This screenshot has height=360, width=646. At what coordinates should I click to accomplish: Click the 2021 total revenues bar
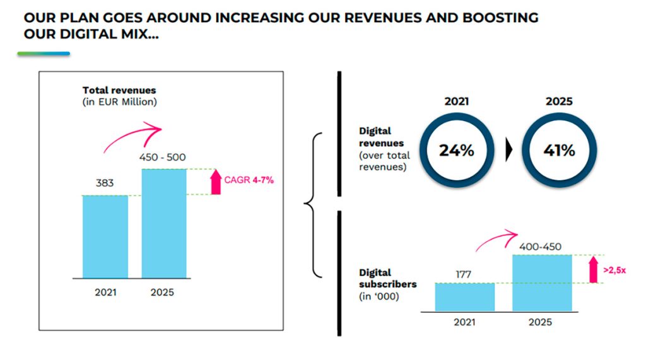[105, 236]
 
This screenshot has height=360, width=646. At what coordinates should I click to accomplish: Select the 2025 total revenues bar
[164, 223]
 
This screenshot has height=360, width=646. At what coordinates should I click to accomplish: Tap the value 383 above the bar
[105, 183]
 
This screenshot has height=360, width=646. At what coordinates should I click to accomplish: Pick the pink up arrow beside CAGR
[216, 182]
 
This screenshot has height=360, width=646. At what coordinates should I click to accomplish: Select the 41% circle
[558, 151]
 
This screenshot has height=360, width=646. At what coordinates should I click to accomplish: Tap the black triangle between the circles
[508, 151]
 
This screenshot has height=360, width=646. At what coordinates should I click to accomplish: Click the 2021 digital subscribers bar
[465, 297]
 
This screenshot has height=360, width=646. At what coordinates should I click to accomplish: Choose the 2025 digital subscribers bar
[541, 283]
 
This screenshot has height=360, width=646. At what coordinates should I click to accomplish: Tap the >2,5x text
[614, 270]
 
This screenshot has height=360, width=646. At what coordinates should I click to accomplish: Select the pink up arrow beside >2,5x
[592, 269]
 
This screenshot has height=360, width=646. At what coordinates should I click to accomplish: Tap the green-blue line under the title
[44, 54]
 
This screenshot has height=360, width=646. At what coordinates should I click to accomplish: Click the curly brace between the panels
[313, 204]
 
